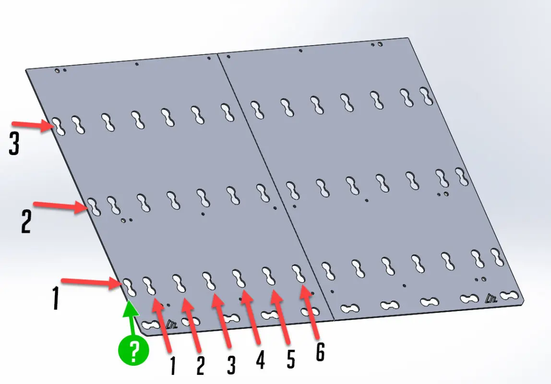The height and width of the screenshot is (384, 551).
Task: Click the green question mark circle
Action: pyautogui.click(x=133, y=350)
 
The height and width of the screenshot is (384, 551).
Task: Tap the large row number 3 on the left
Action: pyautogui.click(x=14, y=144)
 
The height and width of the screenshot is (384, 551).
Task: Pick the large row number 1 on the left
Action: pyautogui.click(x=56, y=298)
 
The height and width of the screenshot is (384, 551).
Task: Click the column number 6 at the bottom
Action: pyautogui.click(x=320, y=351)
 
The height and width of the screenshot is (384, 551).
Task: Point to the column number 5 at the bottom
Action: pyautogui.click(x=290, y=359)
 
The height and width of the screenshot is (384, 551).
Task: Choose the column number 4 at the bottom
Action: pyautogui.click(x=260, y=360)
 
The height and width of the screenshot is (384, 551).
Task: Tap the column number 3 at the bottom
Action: pyautogui.click(x=231, y=364)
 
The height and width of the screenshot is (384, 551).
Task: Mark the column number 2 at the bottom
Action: pyautogui.click(x=200, y=365)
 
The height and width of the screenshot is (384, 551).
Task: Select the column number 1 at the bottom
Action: pyautogui.click(x=172, y=365)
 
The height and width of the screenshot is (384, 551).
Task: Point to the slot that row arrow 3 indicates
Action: pyautogui.click(x=59, y=126)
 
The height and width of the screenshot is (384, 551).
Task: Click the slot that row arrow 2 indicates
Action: pyautogui.click(x=94, y=206)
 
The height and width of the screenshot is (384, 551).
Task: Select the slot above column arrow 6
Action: pyautogui.click(x=299, y=274)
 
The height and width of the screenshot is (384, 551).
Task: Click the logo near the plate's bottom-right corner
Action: pyautogui.click(x=491, y=298)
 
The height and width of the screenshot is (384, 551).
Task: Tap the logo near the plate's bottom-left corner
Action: pyautogui.click(x=171, y=324)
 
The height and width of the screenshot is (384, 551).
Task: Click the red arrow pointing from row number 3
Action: pyautogui.click(x=33, y=125)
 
